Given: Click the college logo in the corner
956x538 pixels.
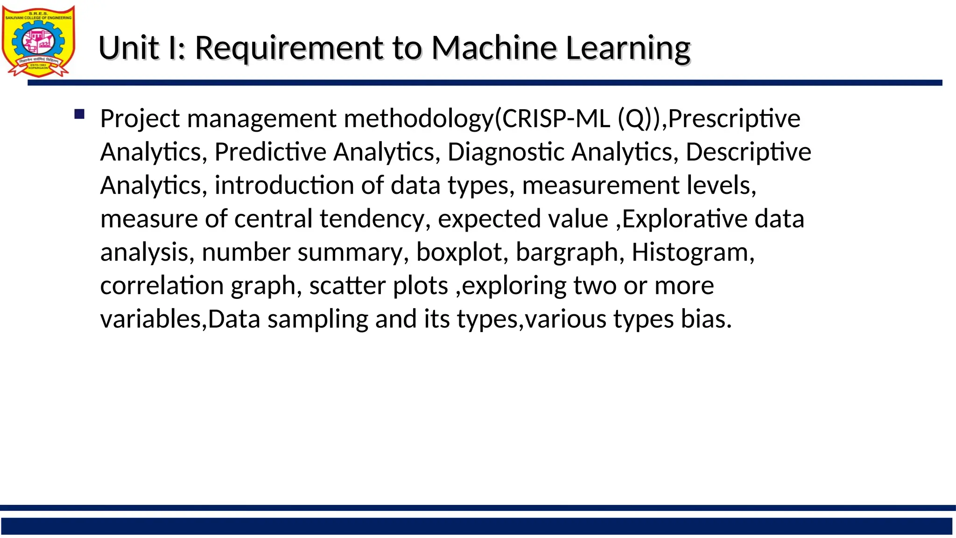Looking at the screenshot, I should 38,41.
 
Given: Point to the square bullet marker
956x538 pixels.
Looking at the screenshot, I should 79,114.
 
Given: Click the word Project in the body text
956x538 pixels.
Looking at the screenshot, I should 140,119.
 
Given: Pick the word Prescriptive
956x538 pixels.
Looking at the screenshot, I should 734,119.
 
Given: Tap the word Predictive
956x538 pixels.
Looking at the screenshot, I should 270,152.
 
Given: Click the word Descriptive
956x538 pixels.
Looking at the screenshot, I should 748,152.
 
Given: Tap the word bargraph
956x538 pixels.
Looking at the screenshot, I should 567,253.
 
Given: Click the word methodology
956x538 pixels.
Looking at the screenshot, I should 418,119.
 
